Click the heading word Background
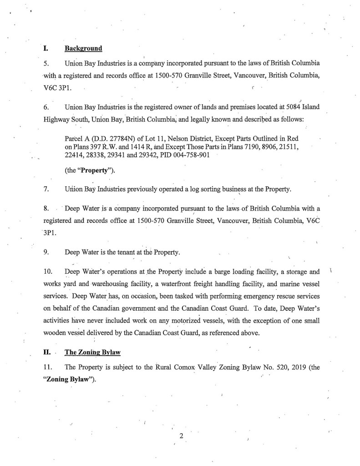tap(83, 48)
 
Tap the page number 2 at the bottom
tap(181, 436)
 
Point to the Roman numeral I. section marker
tap(46, 48)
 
